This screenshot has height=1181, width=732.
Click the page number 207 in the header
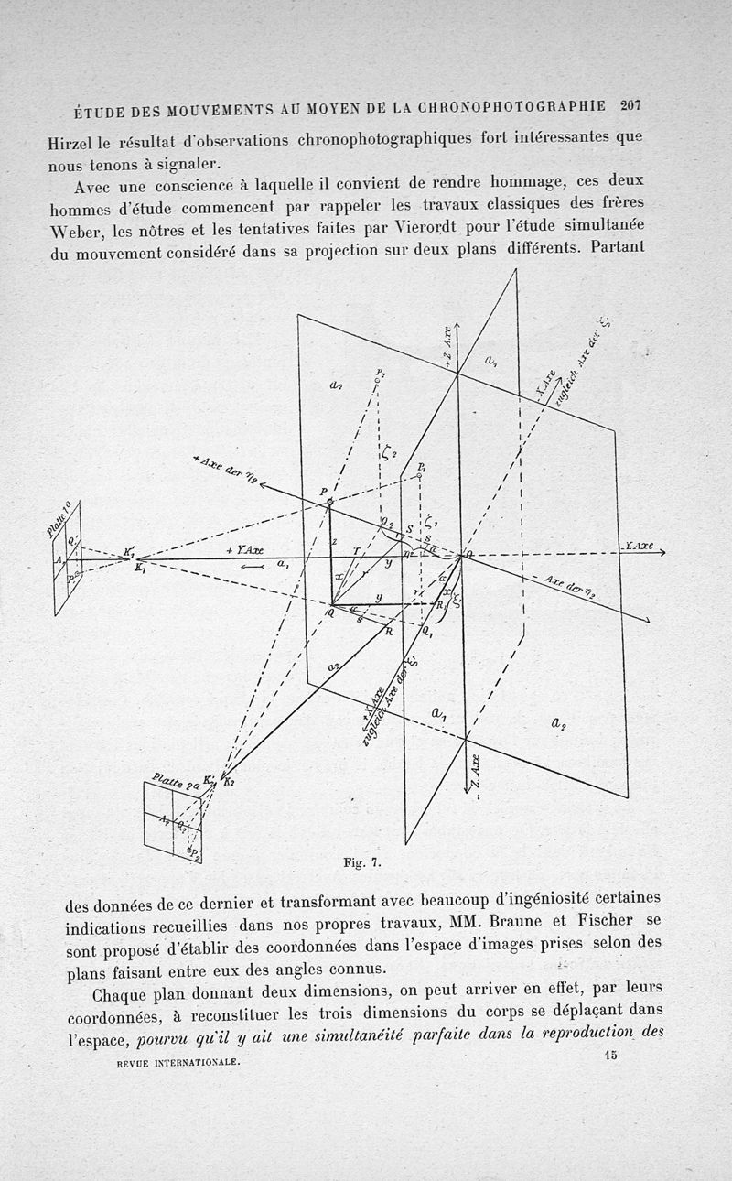coord(630,104)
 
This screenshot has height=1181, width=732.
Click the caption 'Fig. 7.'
coord(361,861)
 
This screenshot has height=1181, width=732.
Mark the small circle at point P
coord(330,502)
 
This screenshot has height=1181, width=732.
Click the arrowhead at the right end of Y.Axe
coord(660,552)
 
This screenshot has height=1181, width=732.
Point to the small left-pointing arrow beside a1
coord(251,566)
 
